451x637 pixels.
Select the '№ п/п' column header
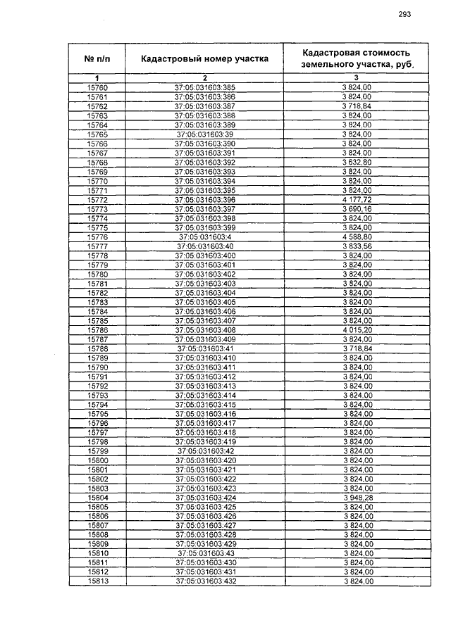click(97, 58)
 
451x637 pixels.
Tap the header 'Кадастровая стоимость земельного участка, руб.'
click(356, 58)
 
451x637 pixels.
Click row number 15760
click(97, 87)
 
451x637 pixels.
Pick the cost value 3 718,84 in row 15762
click(357, 106)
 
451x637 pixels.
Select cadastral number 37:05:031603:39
click(204, 134)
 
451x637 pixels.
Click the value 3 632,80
click(357, 162)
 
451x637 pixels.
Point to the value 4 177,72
click(357, 200)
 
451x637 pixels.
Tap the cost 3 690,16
click(357, 209)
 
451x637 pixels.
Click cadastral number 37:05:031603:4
click(204, 237)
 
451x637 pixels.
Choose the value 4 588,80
click(357, 237)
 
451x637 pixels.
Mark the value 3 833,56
click(357, 246)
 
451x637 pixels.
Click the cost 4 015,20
click(357, 329)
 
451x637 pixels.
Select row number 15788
click(97, 348)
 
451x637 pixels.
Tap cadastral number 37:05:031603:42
click(204, 450)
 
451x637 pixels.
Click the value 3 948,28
click(357, 498)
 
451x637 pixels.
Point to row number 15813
click(97, 581)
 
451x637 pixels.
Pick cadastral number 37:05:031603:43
click(204, 553)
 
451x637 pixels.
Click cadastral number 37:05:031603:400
click(204, 256)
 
